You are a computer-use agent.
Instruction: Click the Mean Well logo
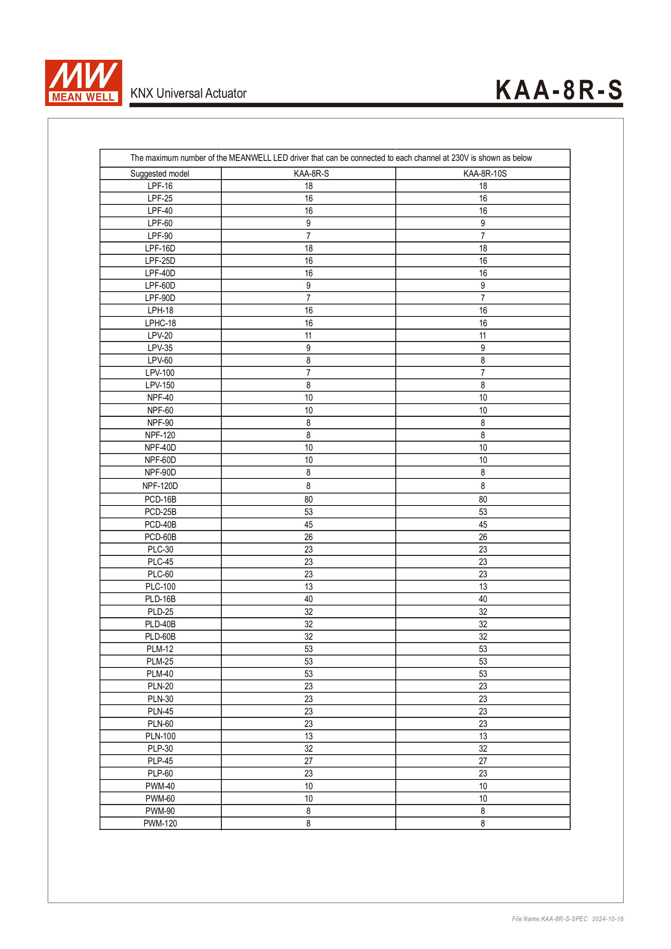(83, 83)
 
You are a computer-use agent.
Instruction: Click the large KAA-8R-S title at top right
(559, 90)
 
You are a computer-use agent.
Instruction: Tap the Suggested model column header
(160, 174)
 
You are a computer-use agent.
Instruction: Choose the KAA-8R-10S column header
(485, 174)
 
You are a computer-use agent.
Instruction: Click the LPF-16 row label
(160, 186)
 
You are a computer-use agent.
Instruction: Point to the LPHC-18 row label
(160, 323)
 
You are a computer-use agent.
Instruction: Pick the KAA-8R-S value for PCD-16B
(308, 499)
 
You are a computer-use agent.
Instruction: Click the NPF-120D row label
(160, 486)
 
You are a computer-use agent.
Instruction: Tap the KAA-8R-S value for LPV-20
(308, 336)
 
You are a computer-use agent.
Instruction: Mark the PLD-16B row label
(160, 599)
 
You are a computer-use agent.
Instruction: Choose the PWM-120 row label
(160, 823)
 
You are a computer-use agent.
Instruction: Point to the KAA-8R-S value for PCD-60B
(308, 537)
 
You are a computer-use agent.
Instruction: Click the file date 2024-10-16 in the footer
(607, 919)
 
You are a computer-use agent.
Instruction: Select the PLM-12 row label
(160, 649)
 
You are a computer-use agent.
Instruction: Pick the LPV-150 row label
(160, 385)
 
